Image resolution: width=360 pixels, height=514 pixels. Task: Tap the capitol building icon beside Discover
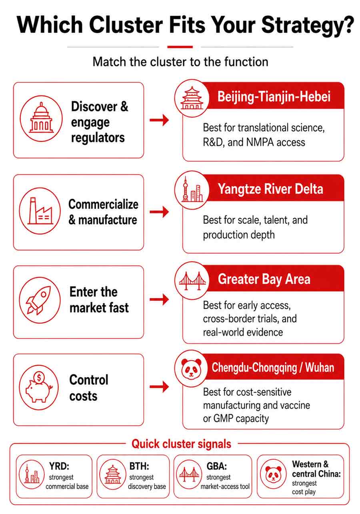pyautogui.click(x=41, y=118)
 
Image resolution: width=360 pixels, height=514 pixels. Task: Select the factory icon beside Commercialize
pyautogui.click(x=40, y=211)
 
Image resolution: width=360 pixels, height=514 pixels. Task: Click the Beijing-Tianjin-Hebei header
pyautogui.click(x=274, y=96)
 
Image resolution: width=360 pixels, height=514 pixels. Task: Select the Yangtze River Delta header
pyautogui.click(x=270, y=189)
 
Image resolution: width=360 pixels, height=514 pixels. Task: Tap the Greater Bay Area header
pyautogui.click(x=264, y=279)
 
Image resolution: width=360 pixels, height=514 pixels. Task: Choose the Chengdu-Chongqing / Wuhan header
pyautogui.click(x=273, y=367)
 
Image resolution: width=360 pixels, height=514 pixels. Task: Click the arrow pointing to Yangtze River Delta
pyautogui.click(x=159, y=212)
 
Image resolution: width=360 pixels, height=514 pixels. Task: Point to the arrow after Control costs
pyautogui.click(x=159, y=386)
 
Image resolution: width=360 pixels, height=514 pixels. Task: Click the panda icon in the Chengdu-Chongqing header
pyautogui.click(x=192, y=368)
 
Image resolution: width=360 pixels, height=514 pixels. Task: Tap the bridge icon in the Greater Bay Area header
pyautogui.click(x=192, y=281)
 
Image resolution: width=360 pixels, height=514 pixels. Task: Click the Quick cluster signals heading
pyautogui.click(x=181, y=444)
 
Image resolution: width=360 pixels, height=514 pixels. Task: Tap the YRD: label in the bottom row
pyautogui.click(x=59, y=466)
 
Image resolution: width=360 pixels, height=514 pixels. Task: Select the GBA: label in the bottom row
pyautogui.click(x=216, y=466)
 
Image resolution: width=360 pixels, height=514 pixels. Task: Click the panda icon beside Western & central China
pyautogui.click(x=273, y=474)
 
